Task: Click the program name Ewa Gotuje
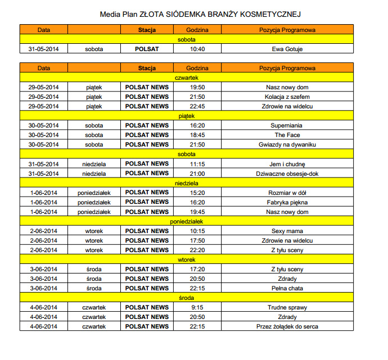pyautogui.click(x=287, y=49)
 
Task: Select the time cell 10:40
pyautogui.click(x=197, y=49)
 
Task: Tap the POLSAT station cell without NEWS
pyautogui.click(x=147, y=49)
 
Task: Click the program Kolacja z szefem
pyautogui.click(x=287, y=97)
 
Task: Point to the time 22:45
pyautogui.click(x=197, y=106)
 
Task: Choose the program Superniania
pyautogui.click(x=287, y=125)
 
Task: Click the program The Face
pyautogui.click(x=287, y=135)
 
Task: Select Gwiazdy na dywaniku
pyautogui.click(x=287, y=144)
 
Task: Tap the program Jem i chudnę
pyautogui.click(x=287, y=163)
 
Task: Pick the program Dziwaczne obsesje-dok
pyautogui.click(x=287, y=173)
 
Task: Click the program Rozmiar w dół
pyautogui.click(x=287, y=192)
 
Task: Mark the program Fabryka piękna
pyautogui.click(x=287, y=202)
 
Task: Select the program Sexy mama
pyautogui.click(x=287, y=231)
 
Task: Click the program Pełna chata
pyautogui.click(x=287, y=288)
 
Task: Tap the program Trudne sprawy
pyautogui.click(x=287, y=307)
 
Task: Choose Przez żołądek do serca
pyautogui.click(x=287, y=326)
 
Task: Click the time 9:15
pyautogui.click(x=197, y=307)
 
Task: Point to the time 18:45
pyautogui.click(x=197, y=135)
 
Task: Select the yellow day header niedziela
pyautogui.click(x=186, y=183)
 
